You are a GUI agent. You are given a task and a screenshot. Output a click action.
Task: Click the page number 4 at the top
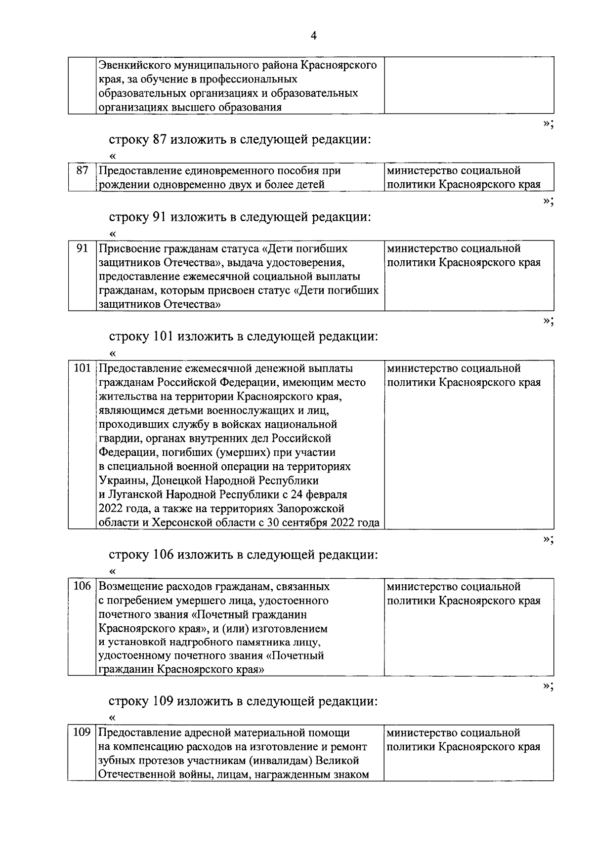[313, 36]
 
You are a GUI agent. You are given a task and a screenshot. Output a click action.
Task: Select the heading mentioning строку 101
[243, 337]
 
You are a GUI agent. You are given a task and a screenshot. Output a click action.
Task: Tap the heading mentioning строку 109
[243, 701]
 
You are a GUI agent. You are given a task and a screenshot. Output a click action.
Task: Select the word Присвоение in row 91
[129, 248]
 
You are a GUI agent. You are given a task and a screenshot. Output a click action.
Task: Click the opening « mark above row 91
[113, 234]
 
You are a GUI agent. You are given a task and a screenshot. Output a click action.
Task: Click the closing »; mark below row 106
[548, 686]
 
